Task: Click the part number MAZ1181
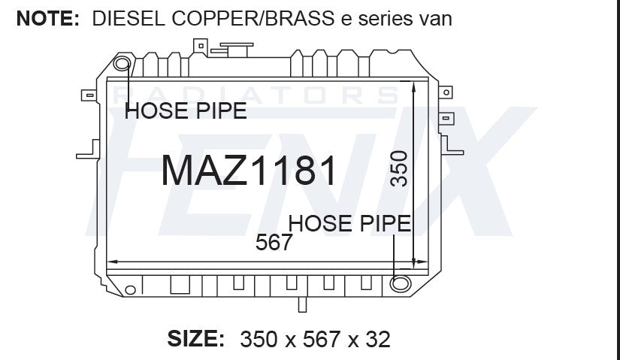(249, 170)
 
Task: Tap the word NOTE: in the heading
(48, 18)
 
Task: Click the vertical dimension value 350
(399, 168)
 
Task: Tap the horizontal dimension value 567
(274, 242)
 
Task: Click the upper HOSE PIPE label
(186, 110)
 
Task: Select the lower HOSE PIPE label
(349, 223)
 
